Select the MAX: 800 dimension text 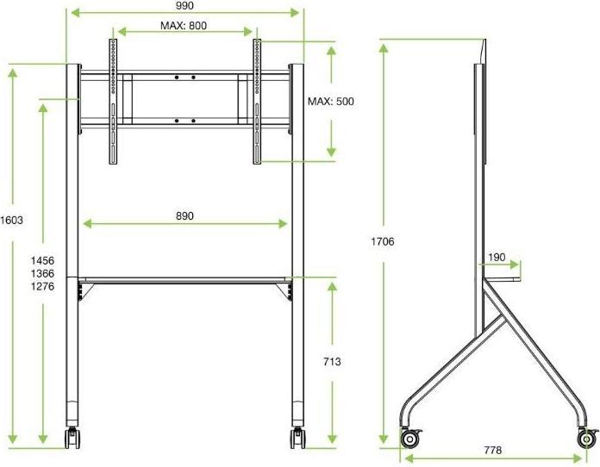click(184, 26)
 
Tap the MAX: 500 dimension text click(331, 102)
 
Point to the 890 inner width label click(184, 215)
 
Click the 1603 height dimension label click(12, 220)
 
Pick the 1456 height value click(42, 260)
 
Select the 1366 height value click(42, 273)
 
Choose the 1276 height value click(42, 286)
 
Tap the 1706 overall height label click(383, 242)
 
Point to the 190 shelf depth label click(497, 257)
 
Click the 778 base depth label click(495, 451)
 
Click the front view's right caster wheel click(298, 437)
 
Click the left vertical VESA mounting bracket click(112, 101)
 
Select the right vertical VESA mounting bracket click(256, 101)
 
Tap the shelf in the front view click(185, 279)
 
